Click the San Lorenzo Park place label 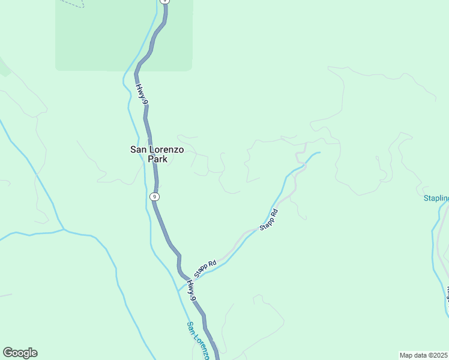(157, 154)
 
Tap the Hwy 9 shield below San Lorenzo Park (155, 196)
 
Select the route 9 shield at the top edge (165, 2)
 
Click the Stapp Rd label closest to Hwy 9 (205, 268)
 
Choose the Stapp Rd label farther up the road (269, 220)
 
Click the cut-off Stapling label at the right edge (436, 199)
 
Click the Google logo (20, 353)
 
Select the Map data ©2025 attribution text (424, 355)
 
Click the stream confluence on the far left (64, 229)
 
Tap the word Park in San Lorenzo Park (157, 160)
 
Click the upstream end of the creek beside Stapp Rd (319, 152)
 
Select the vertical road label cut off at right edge (447, 294)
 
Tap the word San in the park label (139, 149)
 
